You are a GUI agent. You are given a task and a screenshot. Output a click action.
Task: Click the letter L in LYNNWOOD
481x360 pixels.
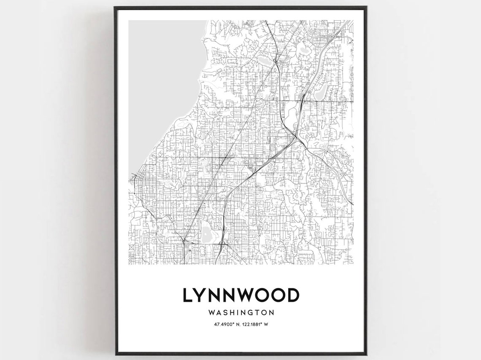click(x=187, y=295)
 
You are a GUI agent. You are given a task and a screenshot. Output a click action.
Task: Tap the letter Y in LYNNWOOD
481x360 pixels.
click(x=201, y=295)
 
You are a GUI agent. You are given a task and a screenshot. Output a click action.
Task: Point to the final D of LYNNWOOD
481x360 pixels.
click(x=292, y=295)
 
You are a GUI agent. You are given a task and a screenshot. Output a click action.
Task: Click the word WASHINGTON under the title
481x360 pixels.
click(x=241, y=313)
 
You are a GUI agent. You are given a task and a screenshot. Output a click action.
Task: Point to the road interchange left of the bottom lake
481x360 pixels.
click(x=184, y=241)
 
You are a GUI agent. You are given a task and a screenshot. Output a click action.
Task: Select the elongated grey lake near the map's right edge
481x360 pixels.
click(x=320, y=89)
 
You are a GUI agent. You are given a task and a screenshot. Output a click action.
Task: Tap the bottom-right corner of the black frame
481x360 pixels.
click(x=366, y=355)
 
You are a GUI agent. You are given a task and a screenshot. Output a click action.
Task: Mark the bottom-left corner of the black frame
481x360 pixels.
click(x=115, y=355)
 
